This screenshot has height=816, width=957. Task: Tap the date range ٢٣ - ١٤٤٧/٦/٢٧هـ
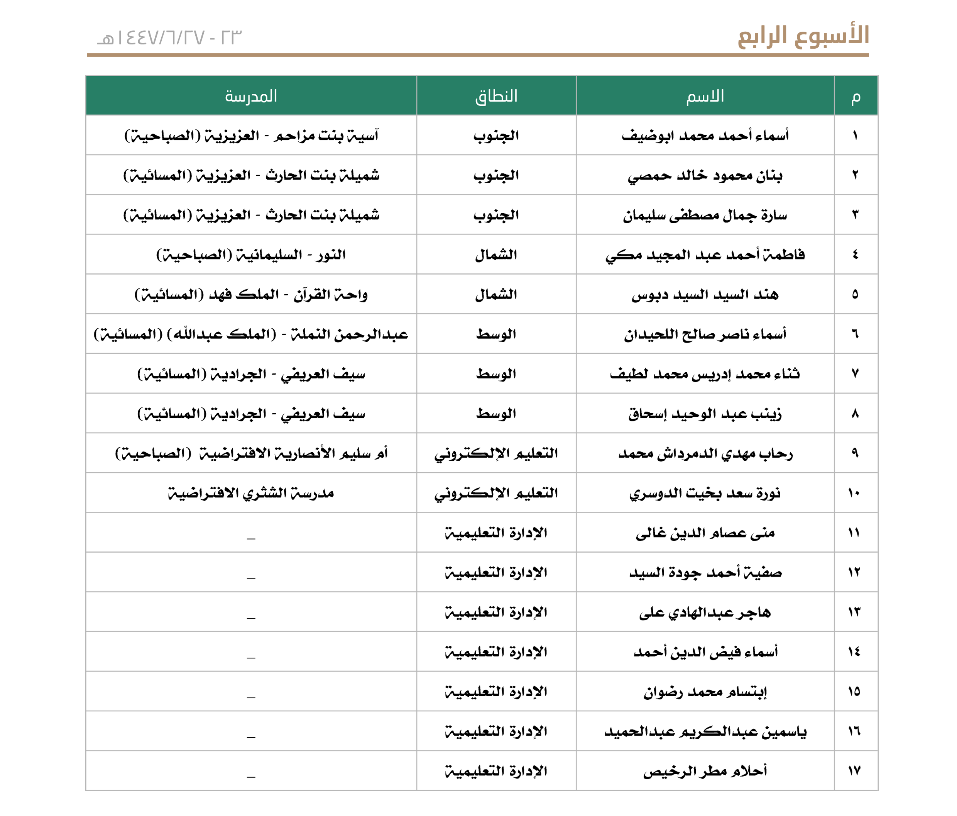click(169, 37)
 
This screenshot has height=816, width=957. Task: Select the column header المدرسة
click(251, 96)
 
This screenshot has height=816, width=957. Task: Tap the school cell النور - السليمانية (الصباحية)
click(251, 255)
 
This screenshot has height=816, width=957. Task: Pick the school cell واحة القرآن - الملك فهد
click(251, 295)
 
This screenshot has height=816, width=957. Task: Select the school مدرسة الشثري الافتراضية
click(251, 493)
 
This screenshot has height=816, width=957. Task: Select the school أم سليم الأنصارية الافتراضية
click(251, 453)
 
